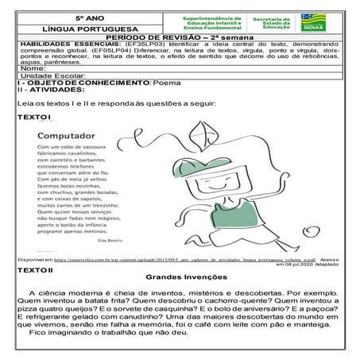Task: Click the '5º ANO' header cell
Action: (x=84, y=17)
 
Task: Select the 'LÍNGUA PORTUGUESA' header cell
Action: (x=84, y=29)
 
